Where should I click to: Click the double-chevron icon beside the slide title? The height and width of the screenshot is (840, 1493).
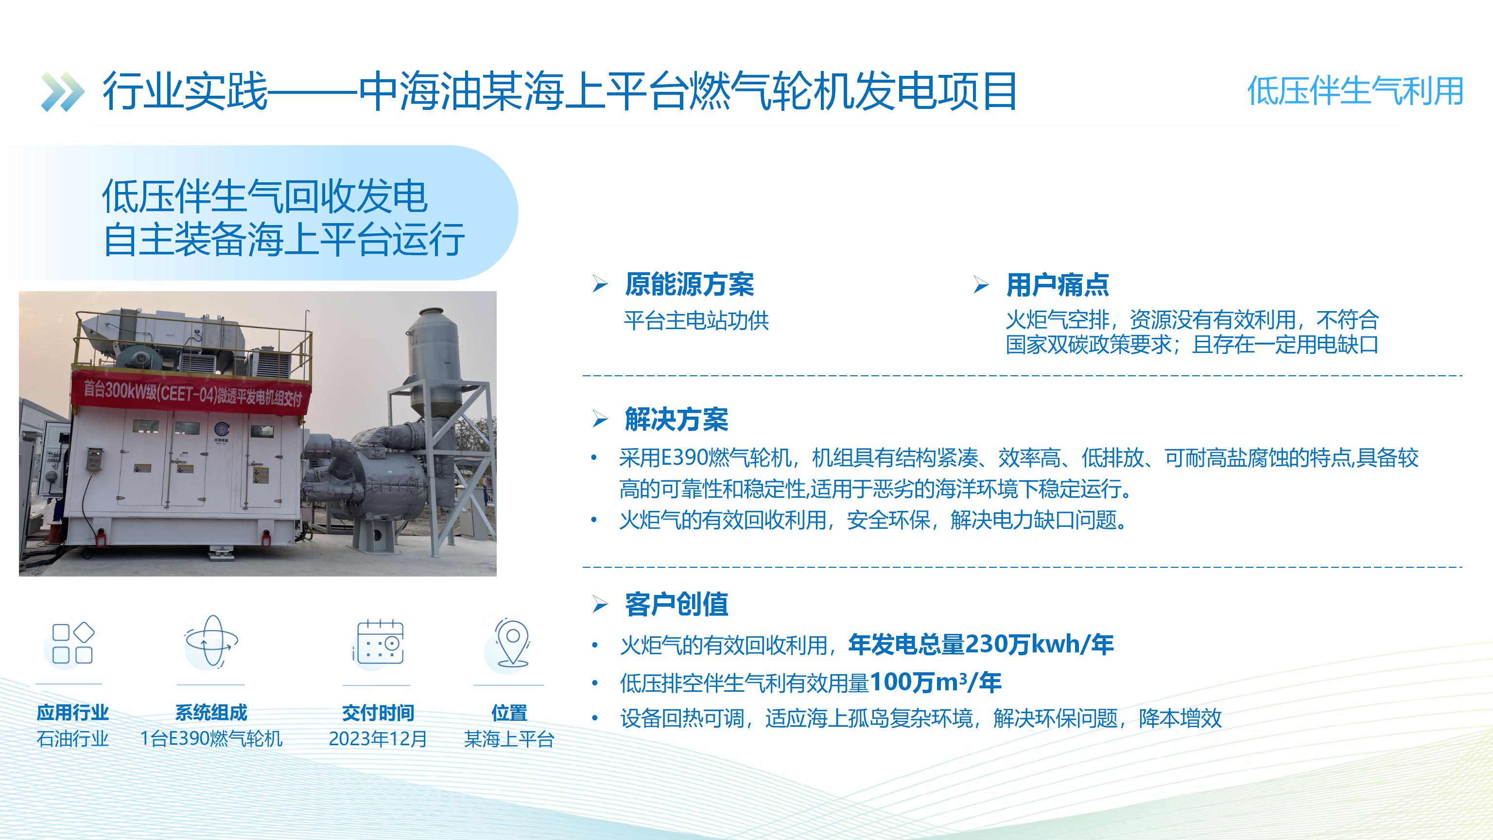[x=63, y=91]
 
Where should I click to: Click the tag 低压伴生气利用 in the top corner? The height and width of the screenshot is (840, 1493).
[x=1355, y=91]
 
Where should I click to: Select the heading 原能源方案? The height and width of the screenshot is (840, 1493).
[x=689, y=284]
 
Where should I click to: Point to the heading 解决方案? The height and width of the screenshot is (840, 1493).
[x=677, y=419]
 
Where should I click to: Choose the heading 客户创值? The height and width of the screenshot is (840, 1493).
[x=677, y=605]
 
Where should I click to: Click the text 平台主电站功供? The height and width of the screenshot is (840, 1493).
[x=696, y=320]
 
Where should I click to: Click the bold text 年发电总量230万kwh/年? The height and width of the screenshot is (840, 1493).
[x=981, y=645]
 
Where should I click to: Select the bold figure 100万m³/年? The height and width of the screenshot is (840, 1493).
[x=936, y=682]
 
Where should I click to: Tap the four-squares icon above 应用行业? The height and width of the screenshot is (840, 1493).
[x=72, y=643]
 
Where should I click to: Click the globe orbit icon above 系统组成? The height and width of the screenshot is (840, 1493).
[x=211, y=642]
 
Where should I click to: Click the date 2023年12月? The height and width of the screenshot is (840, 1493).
[x=378, y=739]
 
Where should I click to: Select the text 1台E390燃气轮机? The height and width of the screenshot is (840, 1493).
[x=211, y=739]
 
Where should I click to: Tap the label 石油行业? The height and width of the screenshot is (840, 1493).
[x=72, y=739]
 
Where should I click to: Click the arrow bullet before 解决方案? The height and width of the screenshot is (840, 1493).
[x=600, y=419]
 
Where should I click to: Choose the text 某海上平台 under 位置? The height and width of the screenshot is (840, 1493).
[x=509, y=739]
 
